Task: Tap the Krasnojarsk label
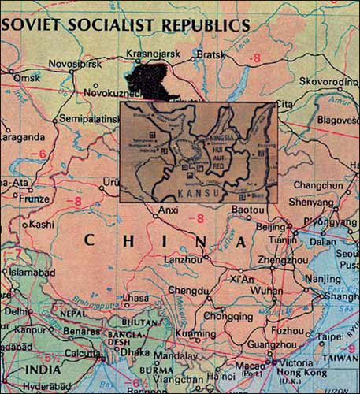[x=152, y=54]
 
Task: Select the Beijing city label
[x=269, y=226]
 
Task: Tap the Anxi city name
[x=169, y=210]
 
